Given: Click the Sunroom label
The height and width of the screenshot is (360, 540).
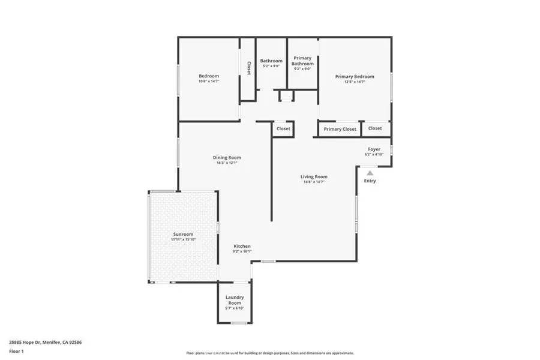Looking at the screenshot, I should click(x=183, y=234).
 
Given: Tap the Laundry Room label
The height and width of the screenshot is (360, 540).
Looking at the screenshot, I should click(x=235, y=300).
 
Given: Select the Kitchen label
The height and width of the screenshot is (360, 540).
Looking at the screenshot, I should click(x=242, y=246).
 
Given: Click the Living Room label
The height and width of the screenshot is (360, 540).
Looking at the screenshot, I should click(x=314, y=176).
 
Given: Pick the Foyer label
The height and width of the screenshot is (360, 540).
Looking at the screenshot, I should click(x=374, y=149).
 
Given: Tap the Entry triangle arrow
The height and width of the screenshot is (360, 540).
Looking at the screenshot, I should click(x=370, y=173).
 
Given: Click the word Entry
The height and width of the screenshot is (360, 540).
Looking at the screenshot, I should click(x=370, y=181).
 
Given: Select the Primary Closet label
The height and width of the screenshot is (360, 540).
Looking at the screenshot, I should click(x=340, y=129).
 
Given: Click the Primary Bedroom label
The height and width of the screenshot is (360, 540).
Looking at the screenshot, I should click(x=355, y=77).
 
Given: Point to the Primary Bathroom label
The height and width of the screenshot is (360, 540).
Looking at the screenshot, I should click(x=302, y=61).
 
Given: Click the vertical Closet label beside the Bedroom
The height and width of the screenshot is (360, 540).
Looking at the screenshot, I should click(x=249, y=68).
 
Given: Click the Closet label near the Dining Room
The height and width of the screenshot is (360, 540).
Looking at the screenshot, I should click(x=283, y=128).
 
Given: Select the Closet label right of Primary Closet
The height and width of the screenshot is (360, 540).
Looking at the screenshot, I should click(x=375, y=128).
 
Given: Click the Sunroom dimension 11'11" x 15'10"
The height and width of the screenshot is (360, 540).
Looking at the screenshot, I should click(x=183, y=239).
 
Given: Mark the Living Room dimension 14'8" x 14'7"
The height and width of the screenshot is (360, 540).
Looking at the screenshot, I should click(x=314, y=182).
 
